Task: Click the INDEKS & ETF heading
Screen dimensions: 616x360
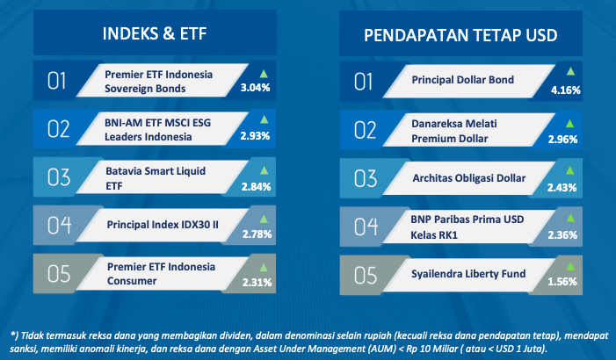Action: pyautogui.click(x=155, y=33)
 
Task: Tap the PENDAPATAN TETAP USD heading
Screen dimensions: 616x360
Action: pyautogui.click(x=460, y=35)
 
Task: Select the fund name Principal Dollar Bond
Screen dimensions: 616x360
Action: pyautogui.click(x=463, y=80)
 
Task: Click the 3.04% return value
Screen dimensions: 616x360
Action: pyautogui.click(x=256, y=88)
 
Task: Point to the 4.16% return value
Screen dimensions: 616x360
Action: pyautogui.click(x=566, y=90)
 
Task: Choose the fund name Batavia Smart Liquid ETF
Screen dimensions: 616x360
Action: pyautogui.click(x=156, y=178)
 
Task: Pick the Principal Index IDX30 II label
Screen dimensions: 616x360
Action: pyautogui.click(x=163, y=225)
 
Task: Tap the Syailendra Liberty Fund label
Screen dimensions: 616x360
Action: pyautogui.click(x=468, y=274)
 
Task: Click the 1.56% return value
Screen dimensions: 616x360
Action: pyautogui.click(x=562, y=282)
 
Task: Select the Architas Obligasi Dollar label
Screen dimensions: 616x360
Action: pyautogui.click(x=469, y=178)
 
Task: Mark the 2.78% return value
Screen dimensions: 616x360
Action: pyautogui.click(x=257, y=234)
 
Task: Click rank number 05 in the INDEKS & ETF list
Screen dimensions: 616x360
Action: pyautogui.click(x=59, y=274)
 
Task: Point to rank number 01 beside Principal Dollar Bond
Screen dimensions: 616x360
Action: pyautogui.click(x=364, y=82)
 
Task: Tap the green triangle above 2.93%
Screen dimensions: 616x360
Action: pyautogui.click(x=264, y=119)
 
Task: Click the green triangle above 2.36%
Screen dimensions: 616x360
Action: pyautogui.click(x=570, y=219)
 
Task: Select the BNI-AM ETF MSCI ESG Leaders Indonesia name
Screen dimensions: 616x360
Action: pyautogui.click(x=157, y=130)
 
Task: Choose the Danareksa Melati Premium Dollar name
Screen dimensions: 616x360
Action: pyautogui.click(x=454, y=131)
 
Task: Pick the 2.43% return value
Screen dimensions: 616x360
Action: pyautogui.click(x=562, y=188)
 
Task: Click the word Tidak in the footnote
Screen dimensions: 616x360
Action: pyautogui.click(x=30, y=335)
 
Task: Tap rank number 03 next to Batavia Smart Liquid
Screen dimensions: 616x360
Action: pyautogui.click(x=59, y=177)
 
